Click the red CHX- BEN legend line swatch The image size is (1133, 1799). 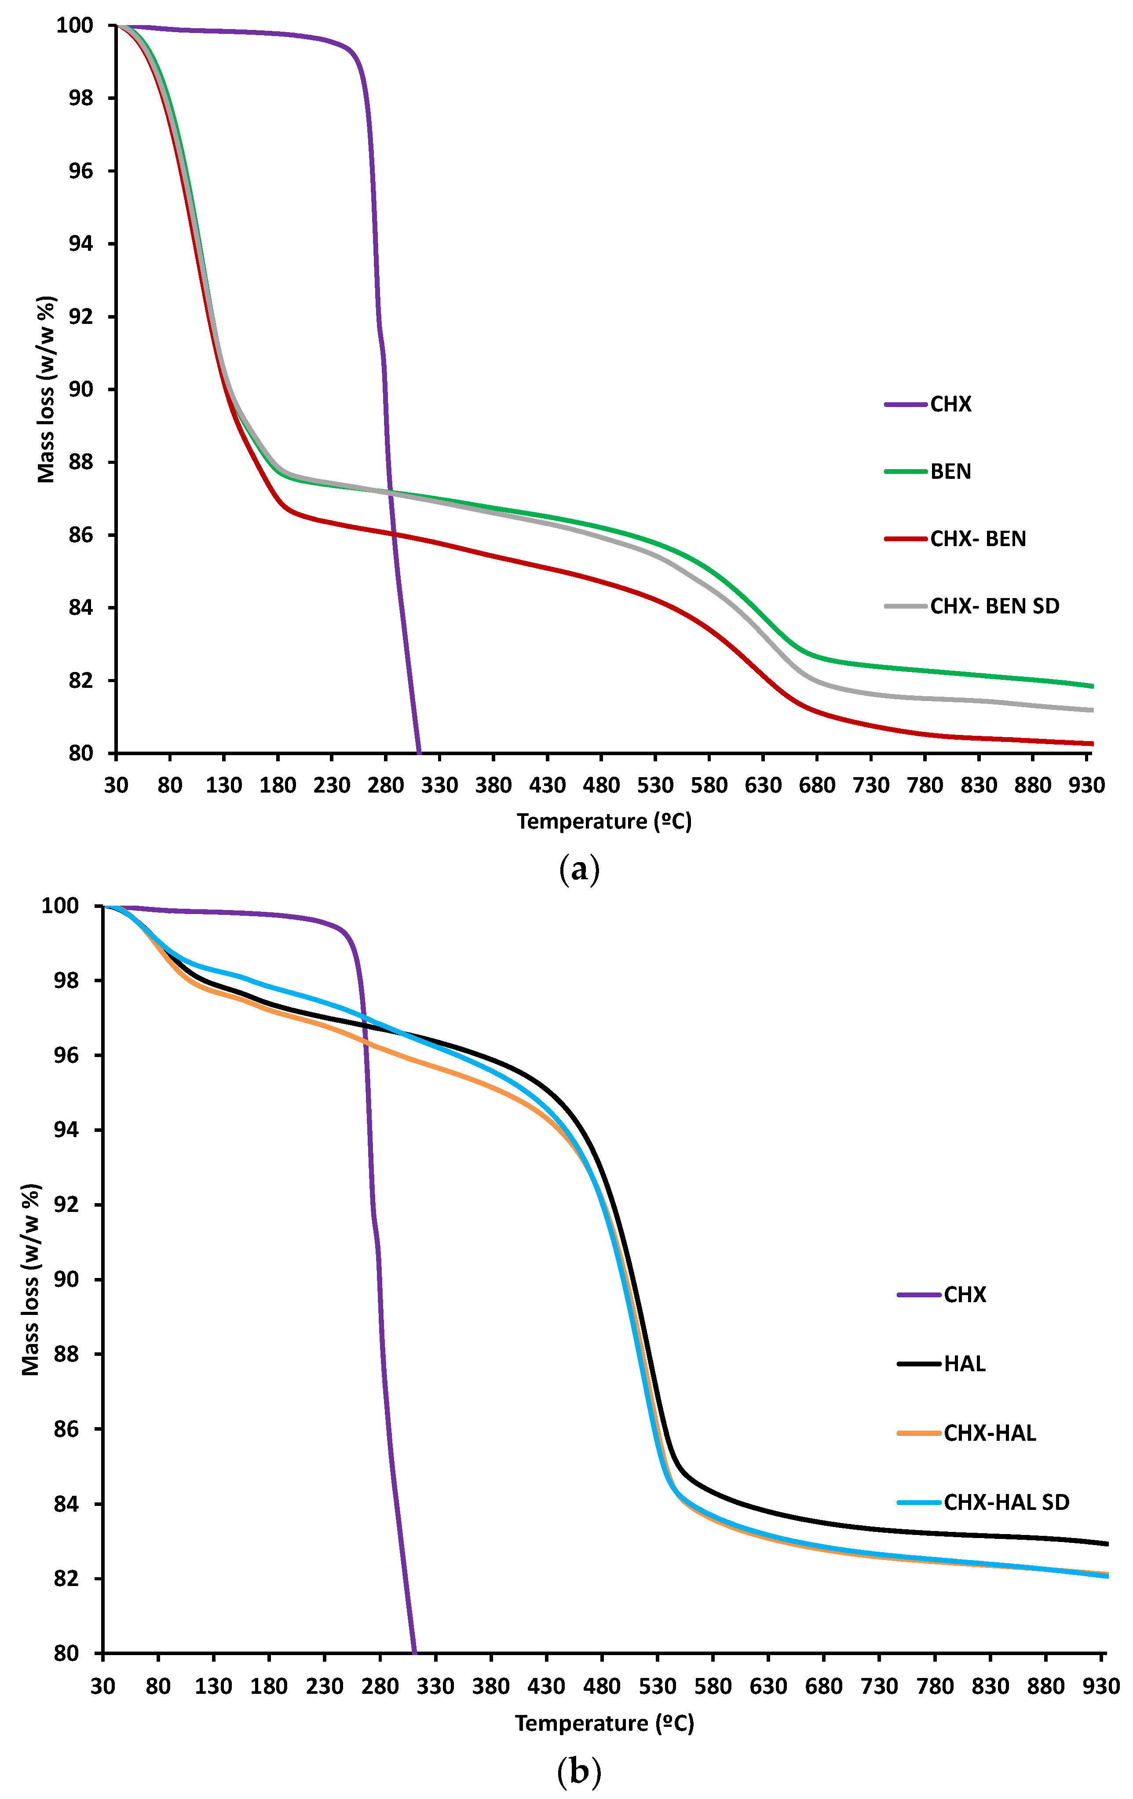point(905,539)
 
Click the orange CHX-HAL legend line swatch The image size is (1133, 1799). point(919,1433)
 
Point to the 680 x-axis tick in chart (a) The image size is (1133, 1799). point(816,785)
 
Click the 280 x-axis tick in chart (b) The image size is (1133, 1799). point(380,1686)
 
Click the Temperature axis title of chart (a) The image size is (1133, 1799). point(603,821)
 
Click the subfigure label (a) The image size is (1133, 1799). point(579,870)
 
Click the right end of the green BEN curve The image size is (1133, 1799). point(1092,686)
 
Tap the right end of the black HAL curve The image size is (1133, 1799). point(1106,1543)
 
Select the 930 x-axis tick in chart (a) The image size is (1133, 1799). point(1087,785)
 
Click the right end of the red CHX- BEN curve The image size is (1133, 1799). point(1092,743)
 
